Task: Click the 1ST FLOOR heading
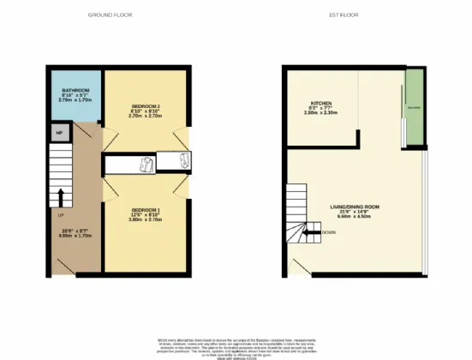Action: click(x=359, y=15)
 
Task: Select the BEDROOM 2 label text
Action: click(x=146, y=106)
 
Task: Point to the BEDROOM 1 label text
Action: click(x=146, y=209)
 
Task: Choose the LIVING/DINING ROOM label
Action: click(x=355, y=206)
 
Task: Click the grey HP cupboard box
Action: click(x=59, y=133)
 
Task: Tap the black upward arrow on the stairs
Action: click(x=60, y=203)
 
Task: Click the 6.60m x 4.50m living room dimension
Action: click(x=355, y=217)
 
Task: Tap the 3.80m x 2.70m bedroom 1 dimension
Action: click(x=146, y=219)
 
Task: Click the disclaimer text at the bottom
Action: click(x=236, y=346)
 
